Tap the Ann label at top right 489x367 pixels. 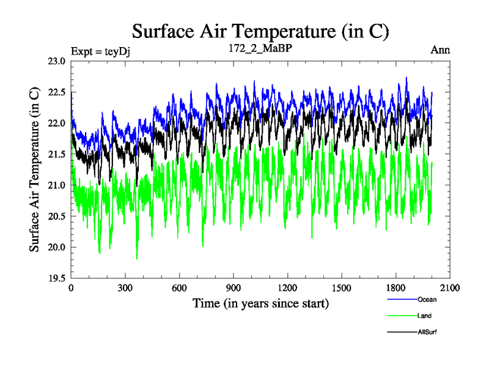click(441, 50)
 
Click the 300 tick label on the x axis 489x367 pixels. click(125, 288)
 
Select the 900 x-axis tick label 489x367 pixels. click(233, 288)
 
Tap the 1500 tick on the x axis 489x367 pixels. click(342, 288)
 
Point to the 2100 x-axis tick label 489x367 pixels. click(450, 288)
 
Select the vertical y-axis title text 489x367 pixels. click(35, 169)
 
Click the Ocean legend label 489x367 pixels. click(427, 300)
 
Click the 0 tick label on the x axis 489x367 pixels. click(72, 288)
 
